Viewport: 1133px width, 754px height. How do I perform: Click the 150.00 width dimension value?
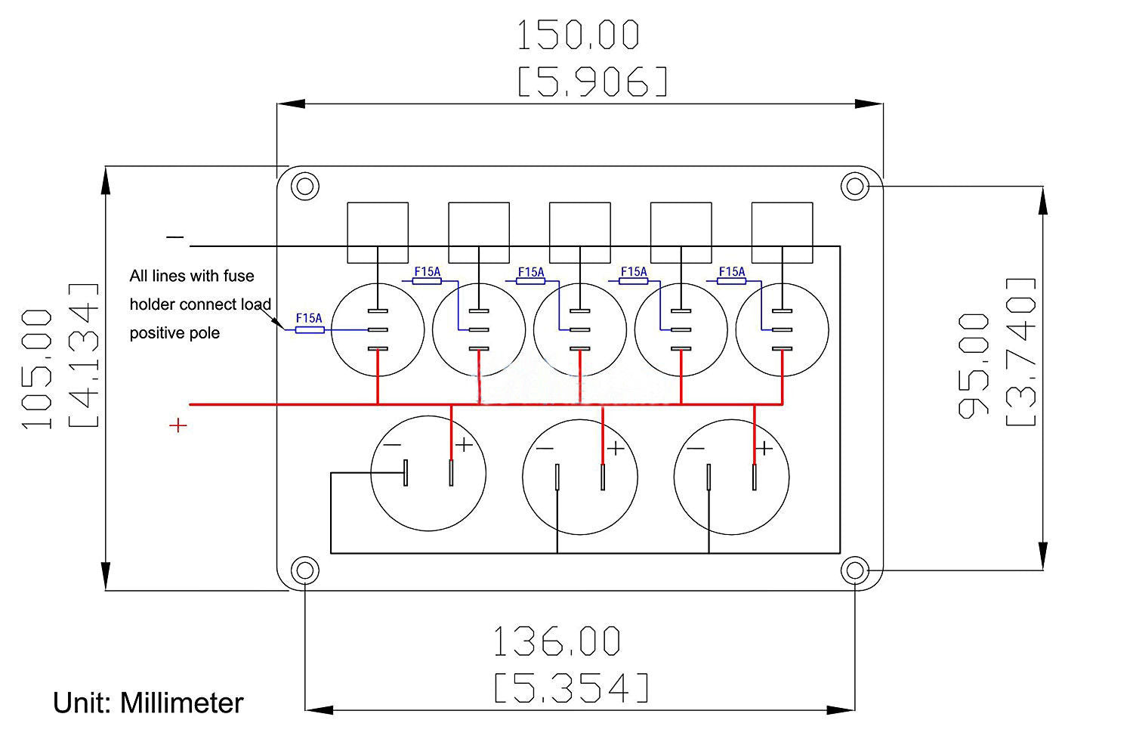click(578, 35)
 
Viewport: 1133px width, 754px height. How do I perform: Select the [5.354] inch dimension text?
click(571, 688)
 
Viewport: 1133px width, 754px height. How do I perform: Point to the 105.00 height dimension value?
click(37, 369)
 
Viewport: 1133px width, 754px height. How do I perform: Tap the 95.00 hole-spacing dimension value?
click(973, 366)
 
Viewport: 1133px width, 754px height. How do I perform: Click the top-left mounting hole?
click(305, 186)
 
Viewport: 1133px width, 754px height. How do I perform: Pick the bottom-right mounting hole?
click(855, 570)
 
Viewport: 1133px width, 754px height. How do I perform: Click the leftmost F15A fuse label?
click(308, 318)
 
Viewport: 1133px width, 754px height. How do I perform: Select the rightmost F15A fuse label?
click(732, 272)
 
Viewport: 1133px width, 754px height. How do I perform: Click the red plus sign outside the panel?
click(178, 425)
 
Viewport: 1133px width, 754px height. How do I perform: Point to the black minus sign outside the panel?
click(175, 236)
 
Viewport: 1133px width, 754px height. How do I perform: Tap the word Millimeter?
click(181, 703)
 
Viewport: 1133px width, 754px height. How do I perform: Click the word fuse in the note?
click(239, 276)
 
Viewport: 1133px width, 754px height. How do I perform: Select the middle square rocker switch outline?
click(579, 233)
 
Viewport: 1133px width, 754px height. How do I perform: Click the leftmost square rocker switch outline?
click(378, 233)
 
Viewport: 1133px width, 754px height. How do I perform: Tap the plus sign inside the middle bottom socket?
click(616, 448)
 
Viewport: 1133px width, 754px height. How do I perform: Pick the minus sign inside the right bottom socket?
click(696, 448)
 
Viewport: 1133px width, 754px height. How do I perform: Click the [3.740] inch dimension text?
click(1020, 352)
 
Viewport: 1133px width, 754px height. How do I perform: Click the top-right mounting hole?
click(855, 186)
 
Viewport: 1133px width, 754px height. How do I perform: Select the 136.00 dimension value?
click(557, 641)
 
